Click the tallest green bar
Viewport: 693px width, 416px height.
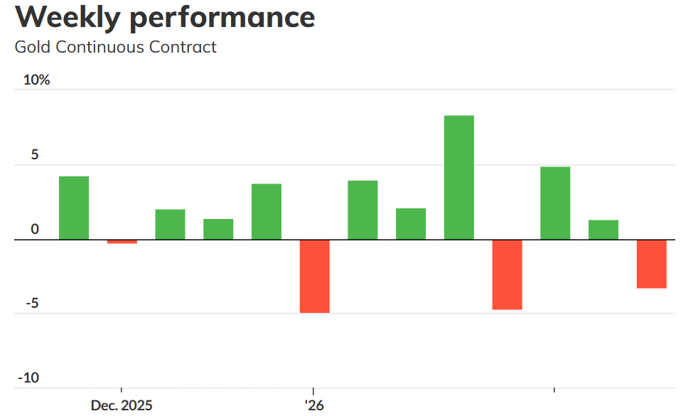pos(458,177)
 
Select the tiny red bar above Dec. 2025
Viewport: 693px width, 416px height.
pos(122,242)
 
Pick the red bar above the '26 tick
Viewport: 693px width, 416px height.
pos(314,276)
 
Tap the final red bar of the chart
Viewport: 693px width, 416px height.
pos(651,264)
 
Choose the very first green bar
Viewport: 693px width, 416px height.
pos(74,208)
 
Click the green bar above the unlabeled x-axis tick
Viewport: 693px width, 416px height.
pos(555,203)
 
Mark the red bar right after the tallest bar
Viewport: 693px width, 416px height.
pos(507,274)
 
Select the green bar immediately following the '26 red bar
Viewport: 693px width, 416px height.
pos(362,210)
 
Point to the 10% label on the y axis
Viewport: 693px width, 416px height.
pos(37,80)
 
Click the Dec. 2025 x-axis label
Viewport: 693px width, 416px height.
pos(122,405)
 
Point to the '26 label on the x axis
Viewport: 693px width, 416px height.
pos(314,405)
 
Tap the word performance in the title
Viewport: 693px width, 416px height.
pos(222,17)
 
